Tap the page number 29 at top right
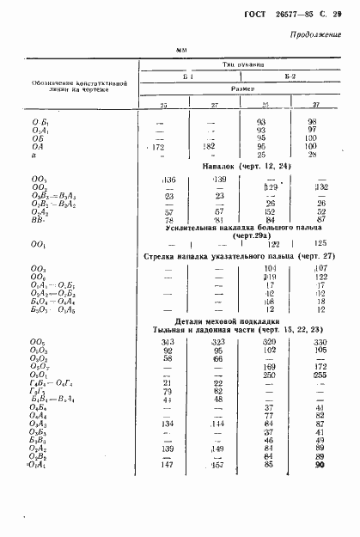[x=336, y=14]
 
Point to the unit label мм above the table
[x=181, y=52]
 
